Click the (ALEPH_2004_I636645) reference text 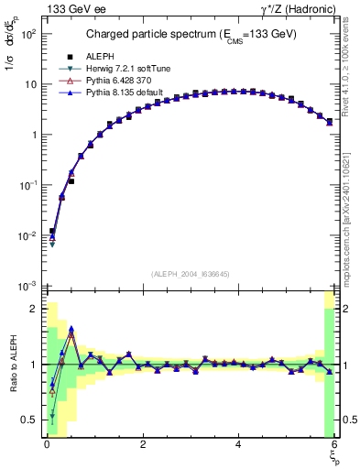tap(190, 274)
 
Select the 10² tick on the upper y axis tap(27, 34)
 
